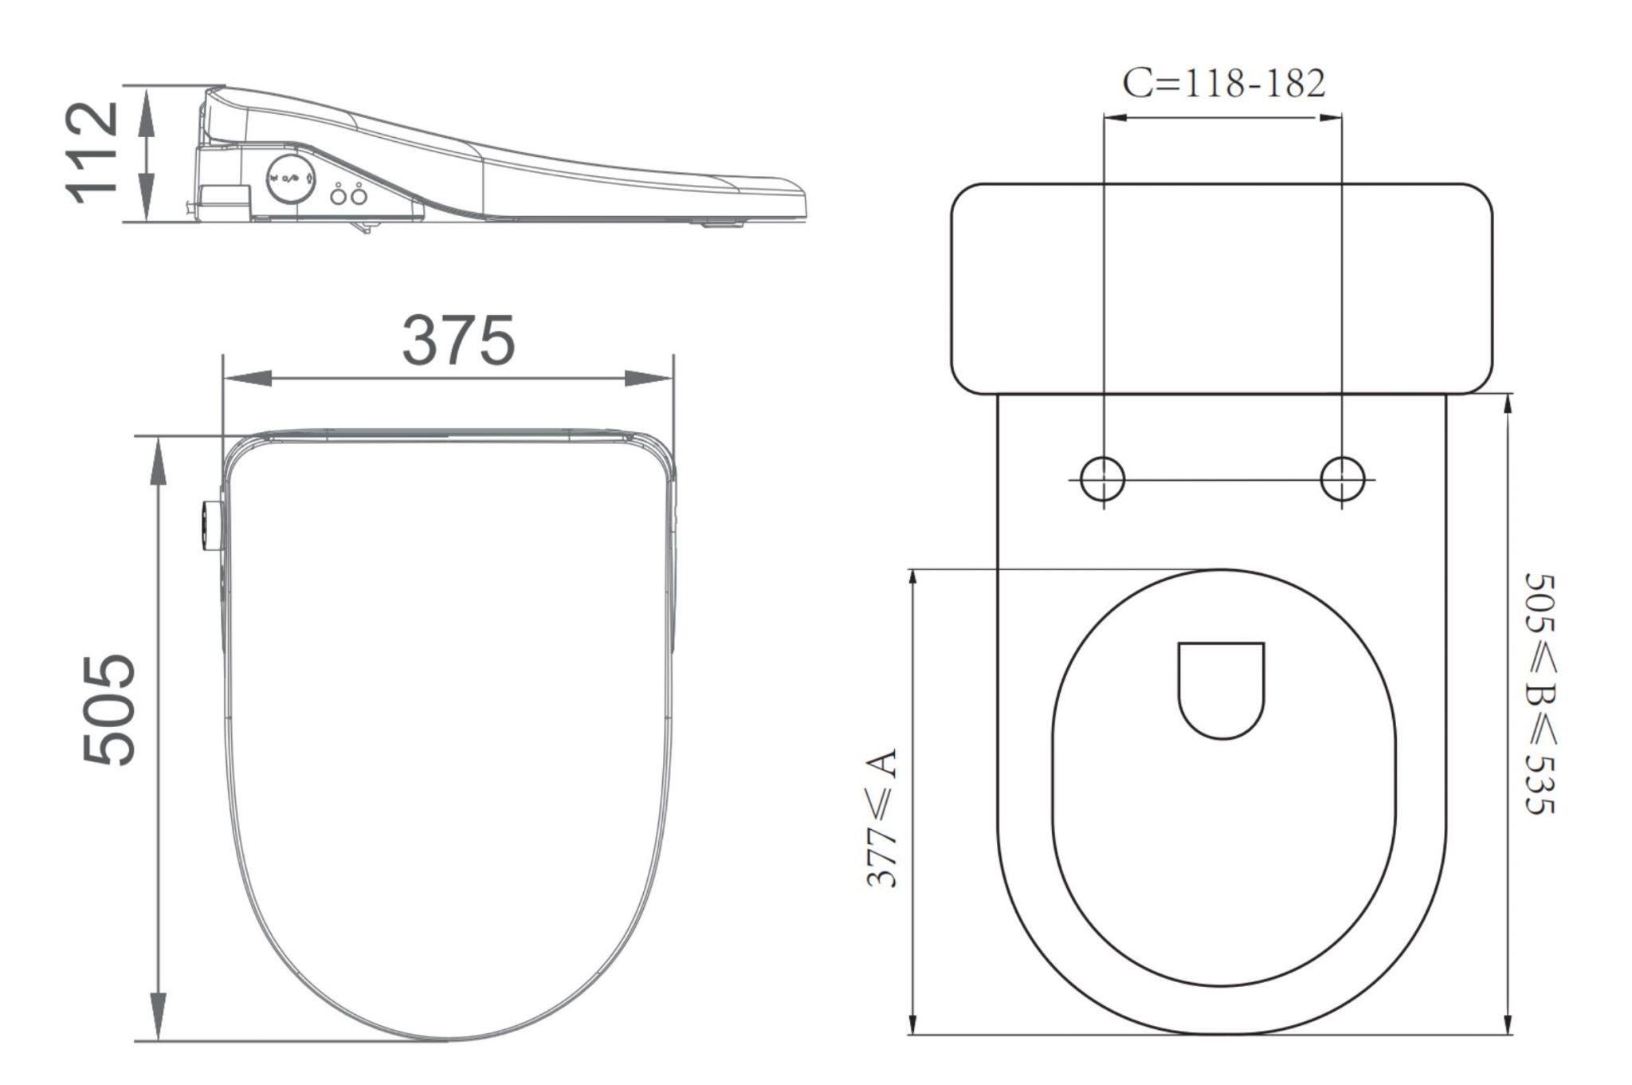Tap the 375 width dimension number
coord(458,340)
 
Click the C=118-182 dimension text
coord(1224,83)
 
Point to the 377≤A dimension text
coord(882,817)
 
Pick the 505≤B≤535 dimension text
coord(1540,694)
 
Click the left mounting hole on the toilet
coord(1103,479)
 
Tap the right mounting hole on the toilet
coord(1342,479)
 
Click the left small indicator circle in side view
coord(338,195)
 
